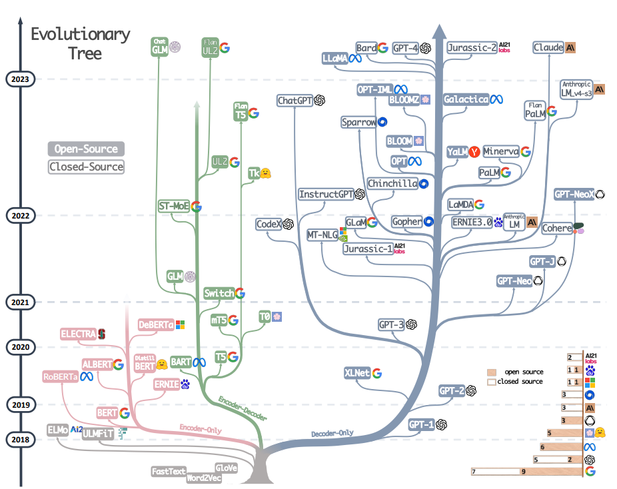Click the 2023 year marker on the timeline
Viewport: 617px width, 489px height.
pyautogui.click(x=21, y=79)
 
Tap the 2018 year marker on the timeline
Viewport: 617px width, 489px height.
pyautogui.click(x=21, y=440)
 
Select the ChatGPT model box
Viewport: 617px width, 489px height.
pyautogui.click(x=295, y=101)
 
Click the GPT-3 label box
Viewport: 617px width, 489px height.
pyautogui.click(x=391, y=324)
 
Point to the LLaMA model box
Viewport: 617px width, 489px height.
pyautogui.click(x=334, y=59)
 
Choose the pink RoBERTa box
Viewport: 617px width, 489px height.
pyautogui.click(x=60, y=376)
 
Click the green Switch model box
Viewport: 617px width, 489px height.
pyautogui.click(x=219, y=293)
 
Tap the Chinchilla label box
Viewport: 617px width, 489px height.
pyautogui.click(x=392, y=183)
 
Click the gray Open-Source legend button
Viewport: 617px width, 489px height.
pyautogui.click(x=86, y=149)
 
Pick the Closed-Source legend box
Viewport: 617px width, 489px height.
pyautogui.click(x=86, y=167)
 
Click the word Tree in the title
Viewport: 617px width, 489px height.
pyautogui.click(x=85, y=53)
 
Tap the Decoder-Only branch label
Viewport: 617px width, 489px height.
pyautogui.click(x=332, y=434)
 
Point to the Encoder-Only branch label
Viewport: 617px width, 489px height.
pyautogui.click(x=201, y=429)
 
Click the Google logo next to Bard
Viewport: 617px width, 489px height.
pyautogui.click(x=383, y=47)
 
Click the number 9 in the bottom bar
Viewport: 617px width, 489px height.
pyautogui.click(x=524, y=472)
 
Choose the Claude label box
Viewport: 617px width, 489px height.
pyautogui.click(x=548, y=48)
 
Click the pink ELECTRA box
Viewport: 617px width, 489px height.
pyautogui.click(x=78, y=333)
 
